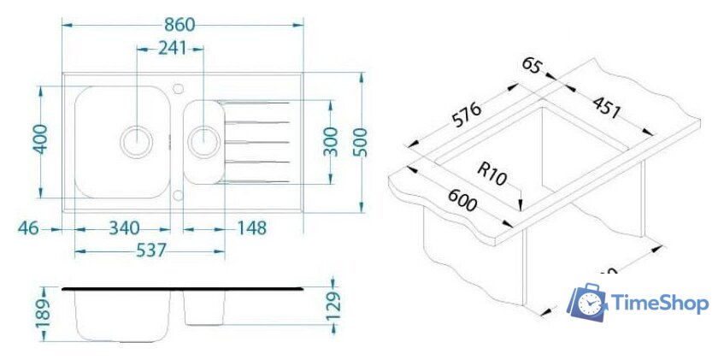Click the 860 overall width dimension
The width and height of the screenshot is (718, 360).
tap(182, 25)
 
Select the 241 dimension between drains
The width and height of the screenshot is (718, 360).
tap(172, 49)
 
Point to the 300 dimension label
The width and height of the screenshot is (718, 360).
tap(332, 141)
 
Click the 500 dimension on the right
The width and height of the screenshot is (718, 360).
tap(360, 141)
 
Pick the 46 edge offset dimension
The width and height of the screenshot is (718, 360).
tap(28, 228)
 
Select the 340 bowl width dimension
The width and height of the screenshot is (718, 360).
tap(124, 228)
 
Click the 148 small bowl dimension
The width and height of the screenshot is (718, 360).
tap(250, 228)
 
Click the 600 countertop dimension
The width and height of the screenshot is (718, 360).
tap(460, 202)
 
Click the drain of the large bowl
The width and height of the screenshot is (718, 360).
tap(137, 139)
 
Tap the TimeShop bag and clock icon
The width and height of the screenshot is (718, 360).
tap(589, 304)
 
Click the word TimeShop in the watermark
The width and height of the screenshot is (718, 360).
tap(659, 304)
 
